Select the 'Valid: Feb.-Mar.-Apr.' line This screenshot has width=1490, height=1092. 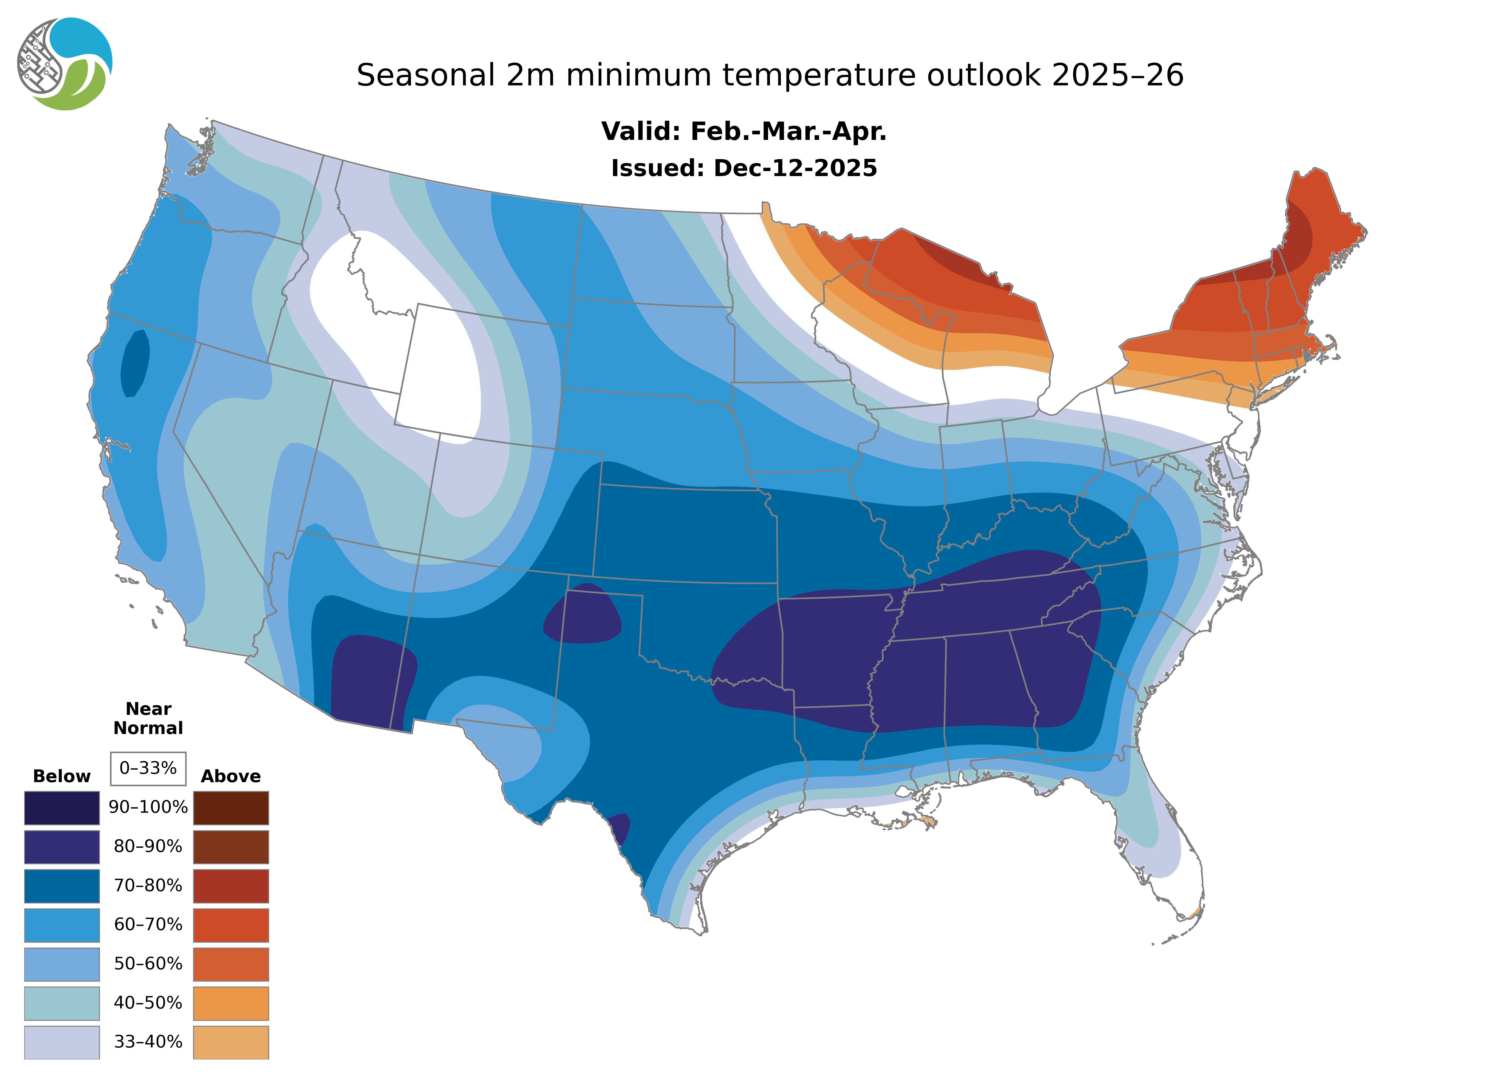click(x=743, y=132)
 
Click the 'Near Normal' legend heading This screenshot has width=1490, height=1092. click(x=148, y=718)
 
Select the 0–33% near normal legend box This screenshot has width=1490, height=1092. click(x=148, y=768)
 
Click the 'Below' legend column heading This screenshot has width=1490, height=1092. click(x=62, y=776)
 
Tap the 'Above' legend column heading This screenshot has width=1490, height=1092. click(x=231, y=776)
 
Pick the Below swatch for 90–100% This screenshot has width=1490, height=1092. click(x=62, y=808)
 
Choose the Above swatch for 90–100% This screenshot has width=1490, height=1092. click(x=231, y=808)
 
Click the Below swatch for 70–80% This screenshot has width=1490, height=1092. click(x=62, y=886)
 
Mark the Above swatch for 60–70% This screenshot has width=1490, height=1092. click(x=231, y=925)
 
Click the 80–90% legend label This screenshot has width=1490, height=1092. click(x=148, y=847)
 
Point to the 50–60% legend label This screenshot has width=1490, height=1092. click(x=148, y=964)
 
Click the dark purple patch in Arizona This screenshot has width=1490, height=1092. click(x=370, y=681)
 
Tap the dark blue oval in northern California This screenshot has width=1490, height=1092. click(x=135, y=364)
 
